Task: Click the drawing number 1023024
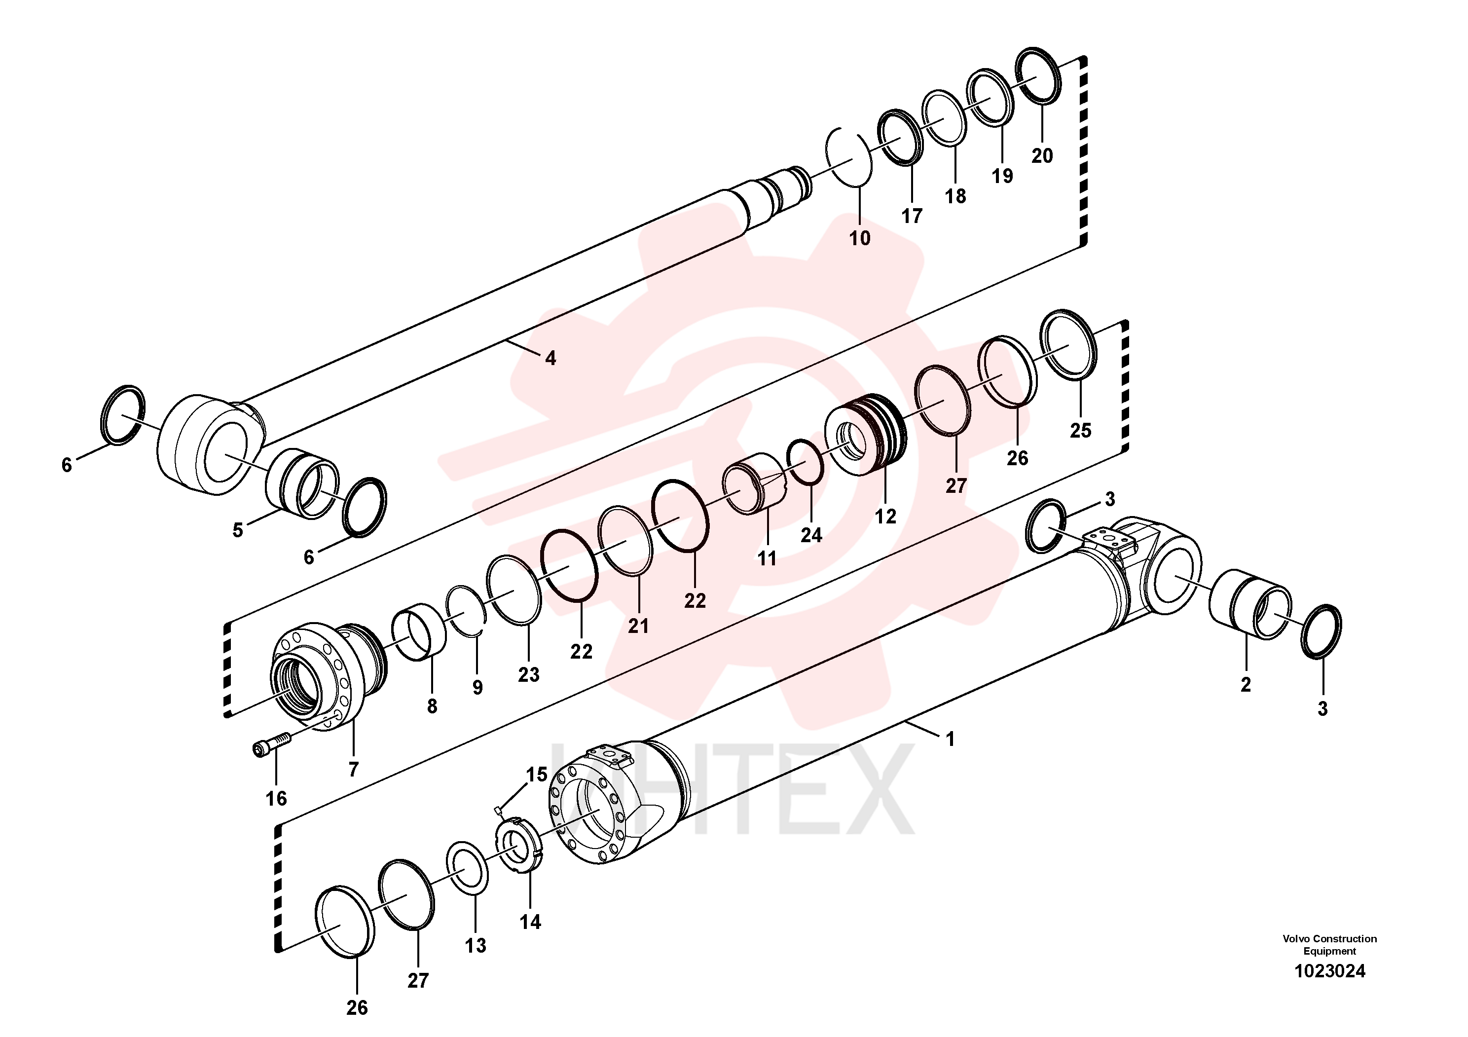(x=1329, y=971)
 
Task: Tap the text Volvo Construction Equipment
(x=1329, y=945)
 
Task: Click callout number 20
(x=1042, y=155)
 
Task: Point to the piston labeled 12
(x=865, y=435)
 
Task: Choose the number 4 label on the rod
(x=550, y=359)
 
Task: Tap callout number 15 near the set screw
(x=536, y=774)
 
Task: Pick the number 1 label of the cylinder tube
(x=950, y=739)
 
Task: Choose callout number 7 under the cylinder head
(x=354, y=769)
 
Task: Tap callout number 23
(x=529, y=674)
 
